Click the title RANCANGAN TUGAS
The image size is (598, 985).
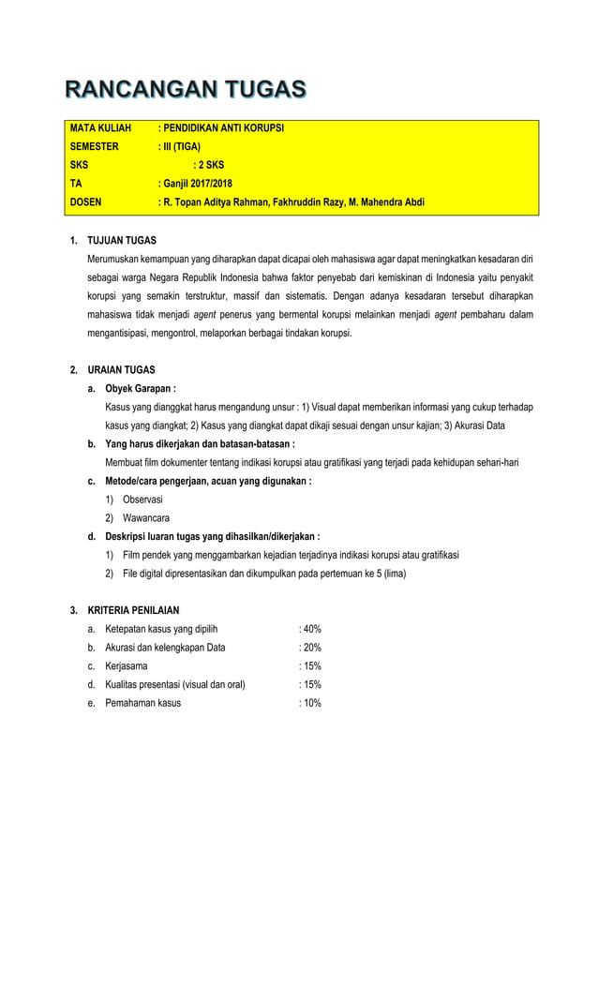click(x=185, y=90)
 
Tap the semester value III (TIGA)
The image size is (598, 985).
click(x=180, y=146)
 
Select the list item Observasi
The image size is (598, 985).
click(x=142, y=500)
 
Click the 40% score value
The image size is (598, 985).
click(x=309, y=629)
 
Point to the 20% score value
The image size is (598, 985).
click(x=309, y=648)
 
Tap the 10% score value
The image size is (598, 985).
click(x=309, y=703)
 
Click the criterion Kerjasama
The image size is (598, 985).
click(x=127, y=666)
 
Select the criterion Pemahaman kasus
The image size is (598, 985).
click(x=143, y=703)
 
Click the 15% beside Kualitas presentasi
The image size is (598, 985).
click(x=309, y=684)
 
